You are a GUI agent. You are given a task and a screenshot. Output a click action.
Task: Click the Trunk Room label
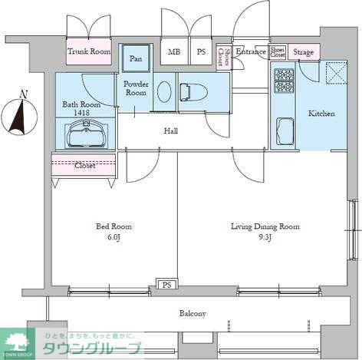coord(89,51)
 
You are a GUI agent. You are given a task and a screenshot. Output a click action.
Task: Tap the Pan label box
coord(136,58)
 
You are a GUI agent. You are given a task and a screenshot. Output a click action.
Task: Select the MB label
coord(175,52)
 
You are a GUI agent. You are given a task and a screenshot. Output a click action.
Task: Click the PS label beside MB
coord(201,52)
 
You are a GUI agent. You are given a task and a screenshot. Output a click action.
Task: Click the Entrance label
coord(251,51)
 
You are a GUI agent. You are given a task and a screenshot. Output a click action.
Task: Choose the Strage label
coord(304,52)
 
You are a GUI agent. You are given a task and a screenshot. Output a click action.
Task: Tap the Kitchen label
coord(321,114)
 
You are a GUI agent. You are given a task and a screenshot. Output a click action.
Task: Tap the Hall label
coord(171,131)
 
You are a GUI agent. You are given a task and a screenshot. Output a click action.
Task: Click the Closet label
coord(85,165)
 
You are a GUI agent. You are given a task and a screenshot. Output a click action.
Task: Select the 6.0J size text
coord(114,238)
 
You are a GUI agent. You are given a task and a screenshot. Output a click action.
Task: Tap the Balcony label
coord(193,313)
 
